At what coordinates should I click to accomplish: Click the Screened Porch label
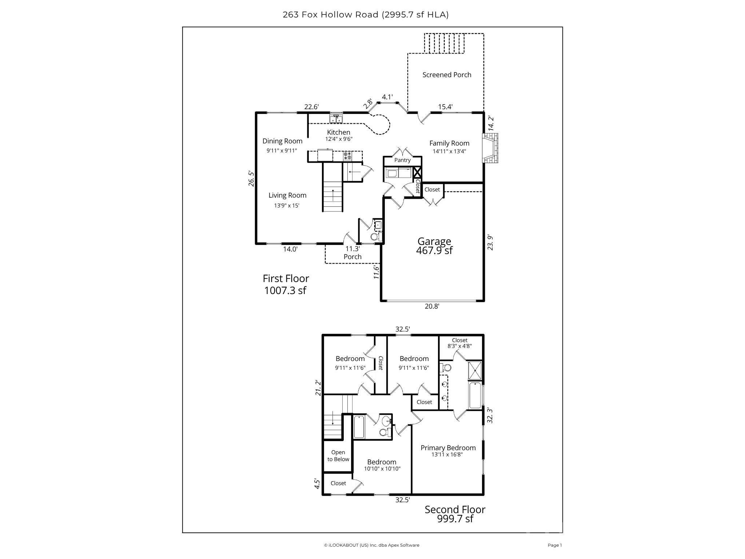447,75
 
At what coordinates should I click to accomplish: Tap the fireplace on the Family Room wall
490,148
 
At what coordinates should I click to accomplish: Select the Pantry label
402,160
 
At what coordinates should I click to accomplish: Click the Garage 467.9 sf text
434,246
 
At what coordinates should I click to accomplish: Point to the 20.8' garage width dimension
432,306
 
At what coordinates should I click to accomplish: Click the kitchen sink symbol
336,119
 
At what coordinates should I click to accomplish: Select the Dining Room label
282,141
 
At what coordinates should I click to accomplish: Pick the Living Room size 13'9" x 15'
287,206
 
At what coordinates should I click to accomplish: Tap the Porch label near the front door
352,257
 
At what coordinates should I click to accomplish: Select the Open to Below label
338,456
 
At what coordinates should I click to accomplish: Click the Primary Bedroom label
448,448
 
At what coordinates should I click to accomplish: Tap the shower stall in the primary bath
475,371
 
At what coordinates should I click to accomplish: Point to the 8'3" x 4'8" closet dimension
459,346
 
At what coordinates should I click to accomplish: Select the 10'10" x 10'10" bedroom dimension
382,469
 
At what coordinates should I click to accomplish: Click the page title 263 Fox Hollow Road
365,15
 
